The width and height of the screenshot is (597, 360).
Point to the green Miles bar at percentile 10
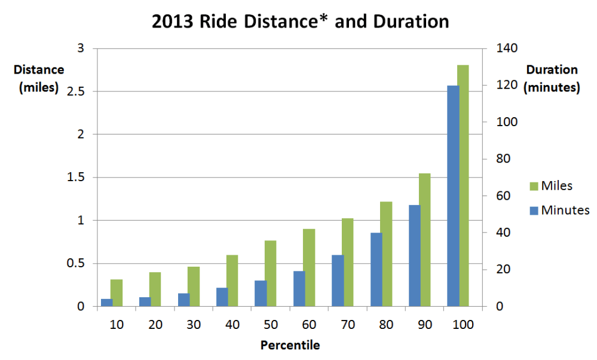tap(117, 293)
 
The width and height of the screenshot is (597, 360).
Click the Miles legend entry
tap(550, 186)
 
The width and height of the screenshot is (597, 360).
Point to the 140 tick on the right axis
tap(503, 48)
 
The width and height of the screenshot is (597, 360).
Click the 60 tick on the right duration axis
tap(500, 196)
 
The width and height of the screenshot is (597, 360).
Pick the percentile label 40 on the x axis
tap(232, 325)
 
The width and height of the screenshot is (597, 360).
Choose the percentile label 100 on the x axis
tap(463, 325)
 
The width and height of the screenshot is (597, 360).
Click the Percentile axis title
tap(290, 345)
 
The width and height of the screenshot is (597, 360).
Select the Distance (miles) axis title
tap(39, 78)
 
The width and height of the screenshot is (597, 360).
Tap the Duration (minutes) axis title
tap(551, 78)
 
